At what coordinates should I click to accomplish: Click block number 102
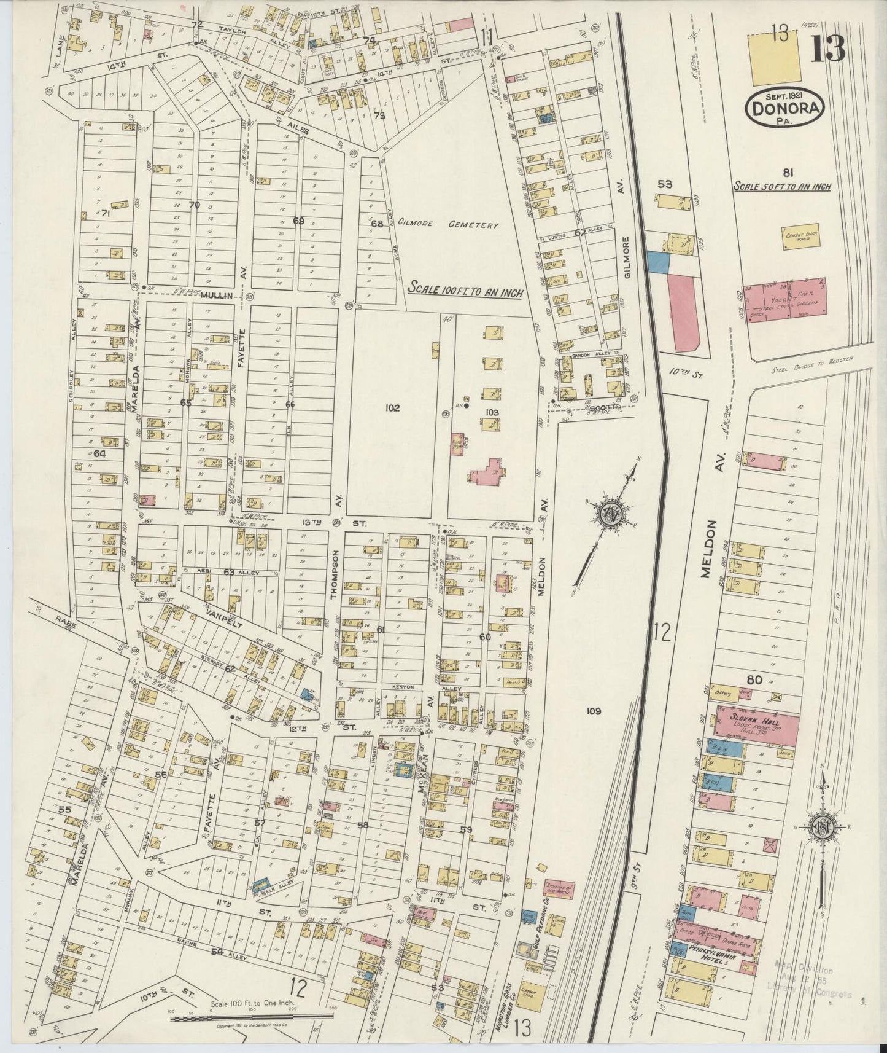click(393, 407)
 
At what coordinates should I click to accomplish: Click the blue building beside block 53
click(657, 262)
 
